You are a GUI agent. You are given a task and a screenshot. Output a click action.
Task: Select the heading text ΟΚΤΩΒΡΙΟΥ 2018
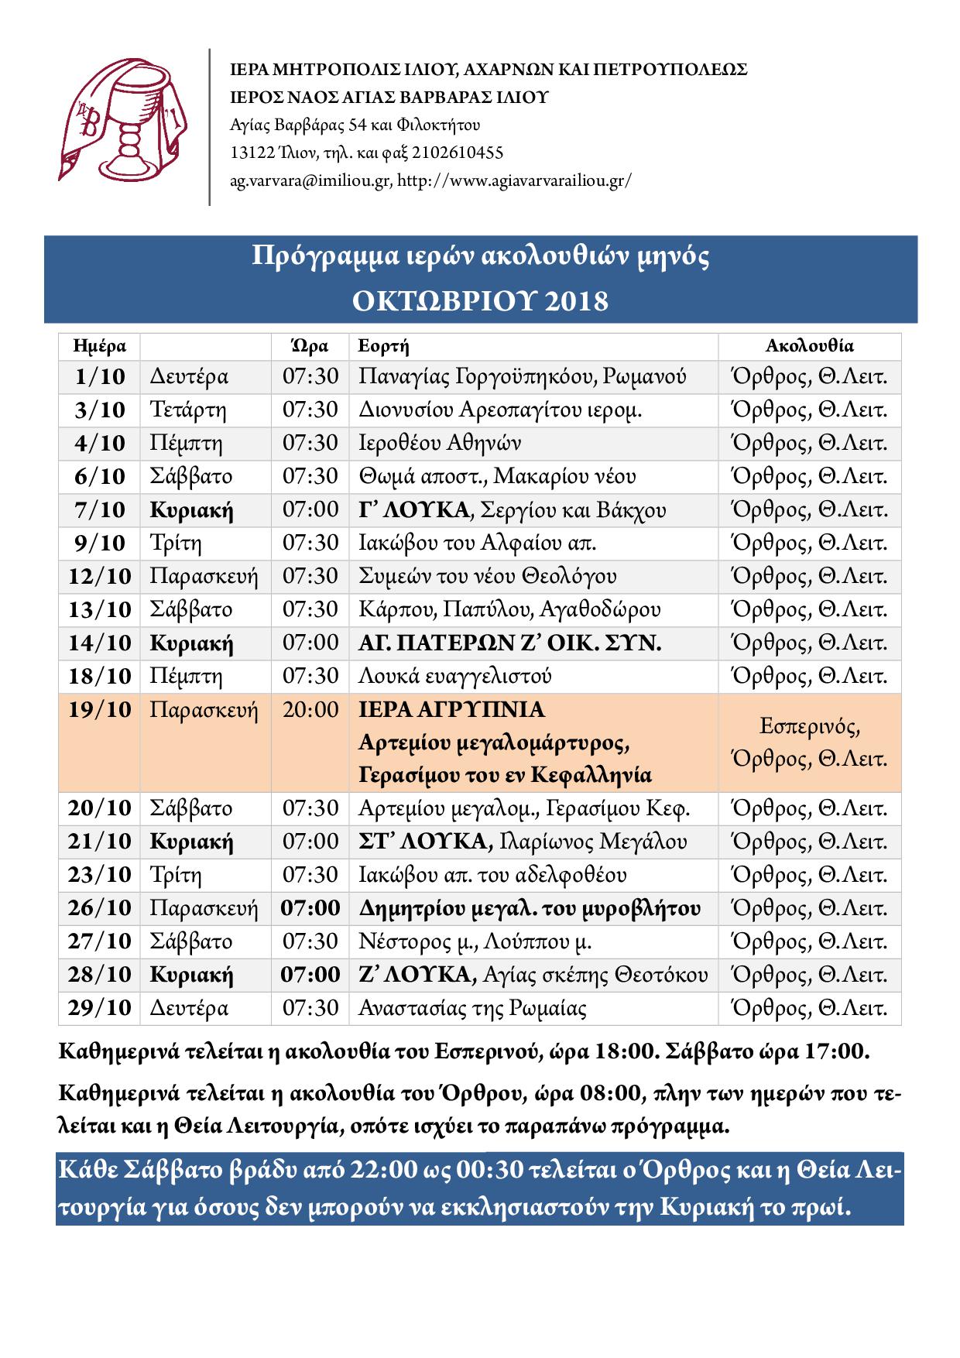click(480, 300)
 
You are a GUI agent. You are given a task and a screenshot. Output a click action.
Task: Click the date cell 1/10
click(100, 377)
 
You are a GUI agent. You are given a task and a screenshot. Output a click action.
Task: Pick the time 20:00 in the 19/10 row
click(310, 710)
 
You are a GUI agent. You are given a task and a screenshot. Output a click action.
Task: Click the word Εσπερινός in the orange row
click(809, 727)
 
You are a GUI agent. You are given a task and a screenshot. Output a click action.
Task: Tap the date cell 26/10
click(100, 908)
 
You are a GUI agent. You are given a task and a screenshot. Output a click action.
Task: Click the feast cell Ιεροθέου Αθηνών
click(439, 444)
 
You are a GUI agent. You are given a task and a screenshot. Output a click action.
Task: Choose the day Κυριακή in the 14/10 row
click(191, 643)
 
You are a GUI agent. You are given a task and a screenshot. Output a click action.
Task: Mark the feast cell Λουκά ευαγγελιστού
click(454, 677)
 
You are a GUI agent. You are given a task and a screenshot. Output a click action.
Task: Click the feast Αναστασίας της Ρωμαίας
click(472, 1009)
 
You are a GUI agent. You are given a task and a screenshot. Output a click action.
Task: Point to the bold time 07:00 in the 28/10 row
click(310, 975)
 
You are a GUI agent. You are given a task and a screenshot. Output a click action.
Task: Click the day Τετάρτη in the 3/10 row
click(188, 410)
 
